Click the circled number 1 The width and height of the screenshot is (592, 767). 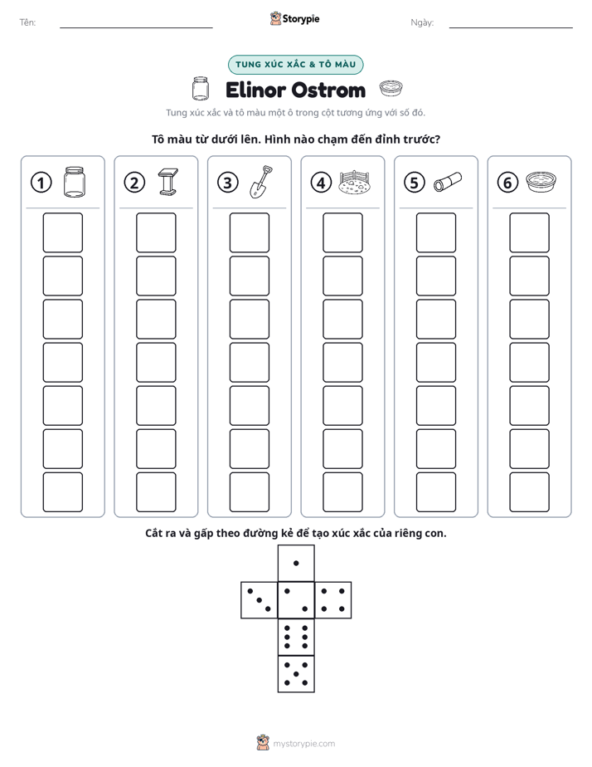coord(41,183)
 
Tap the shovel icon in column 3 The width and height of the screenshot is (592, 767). coord(261,182)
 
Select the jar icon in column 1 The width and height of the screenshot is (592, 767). coord(75,182)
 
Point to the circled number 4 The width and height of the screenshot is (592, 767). coord(321,183)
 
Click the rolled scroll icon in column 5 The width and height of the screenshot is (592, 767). coord(448,182)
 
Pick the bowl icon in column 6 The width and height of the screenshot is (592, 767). coord(541,182)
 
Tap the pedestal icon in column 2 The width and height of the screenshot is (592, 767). coord(168,182)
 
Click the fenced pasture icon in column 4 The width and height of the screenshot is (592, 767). coord(354,182)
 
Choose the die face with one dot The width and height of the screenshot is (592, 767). coord(296,564)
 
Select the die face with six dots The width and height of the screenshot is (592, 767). coord(296,637)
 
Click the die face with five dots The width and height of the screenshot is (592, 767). coord(296,673)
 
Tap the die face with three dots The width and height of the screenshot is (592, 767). coord(260,600)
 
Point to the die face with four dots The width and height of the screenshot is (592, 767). coord(333,600)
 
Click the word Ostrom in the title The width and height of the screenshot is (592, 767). coord(330,90)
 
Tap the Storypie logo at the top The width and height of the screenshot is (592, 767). coord(294,18)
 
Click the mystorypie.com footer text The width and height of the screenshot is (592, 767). coord(303,744)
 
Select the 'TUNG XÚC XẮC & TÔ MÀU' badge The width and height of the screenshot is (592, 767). coord(295,65)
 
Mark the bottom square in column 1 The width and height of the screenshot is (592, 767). coord(62,492)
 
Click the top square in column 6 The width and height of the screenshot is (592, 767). coord(529,232)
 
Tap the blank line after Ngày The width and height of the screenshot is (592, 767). coord(511,27)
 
